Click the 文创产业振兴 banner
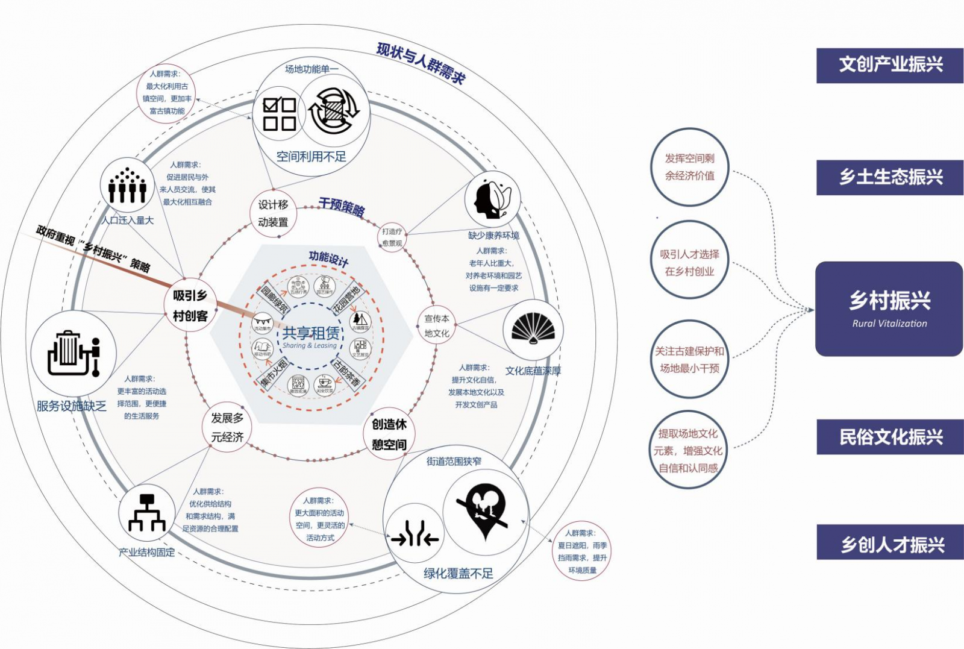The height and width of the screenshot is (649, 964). click(890, 65)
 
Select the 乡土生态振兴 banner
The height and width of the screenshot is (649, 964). click(890, 177)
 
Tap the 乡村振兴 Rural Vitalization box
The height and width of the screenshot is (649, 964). click(889, 309)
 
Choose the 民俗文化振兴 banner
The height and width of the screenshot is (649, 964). click(890, 437)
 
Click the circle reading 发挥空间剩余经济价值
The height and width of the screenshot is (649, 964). click(689, 167)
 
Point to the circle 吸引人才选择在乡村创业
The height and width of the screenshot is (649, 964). click(689, 263)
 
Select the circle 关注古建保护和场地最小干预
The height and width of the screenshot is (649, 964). click(689, 359)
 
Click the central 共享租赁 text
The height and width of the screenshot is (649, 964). click(311, 333)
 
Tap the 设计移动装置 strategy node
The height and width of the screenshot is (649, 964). click(273, 213)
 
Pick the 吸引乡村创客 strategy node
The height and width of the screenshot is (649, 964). click(190, 306)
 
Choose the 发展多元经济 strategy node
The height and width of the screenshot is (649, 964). click(227, 427)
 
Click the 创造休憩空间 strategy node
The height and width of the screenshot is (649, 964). click(389, 434)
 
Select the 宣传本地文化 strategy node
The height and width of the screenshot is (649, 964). click(436, 325)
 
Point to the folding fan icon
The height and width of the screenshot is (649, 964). click(533, 329)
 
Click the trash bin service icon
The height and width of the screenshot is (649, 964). click(73, 353)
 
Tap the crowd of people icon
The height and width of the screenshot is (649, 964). click(127, 186)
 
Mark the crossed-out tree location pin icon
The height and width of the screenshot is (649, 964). click(484, 511)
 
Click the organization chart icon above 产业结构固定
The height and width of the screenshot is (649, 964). click(146, 513)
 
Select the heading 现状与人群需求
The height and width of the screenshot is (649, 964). click(421, 63)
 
